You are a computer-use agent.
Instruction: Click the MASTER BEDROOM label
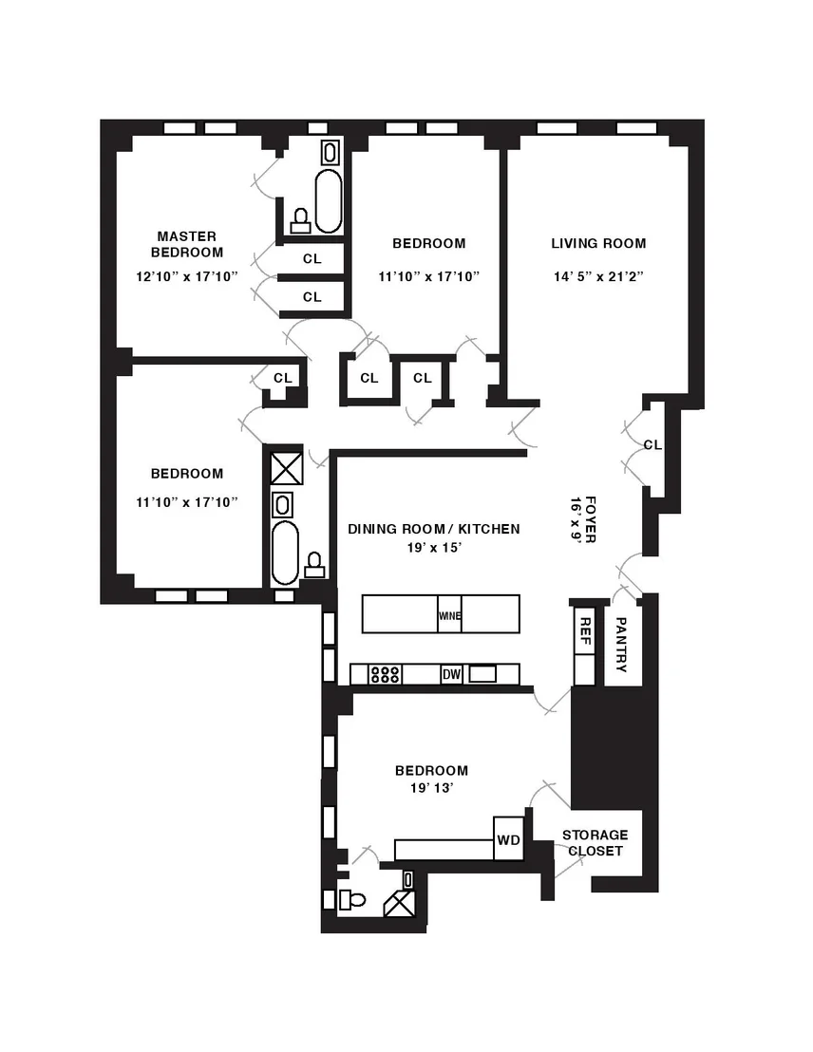click(187, 244)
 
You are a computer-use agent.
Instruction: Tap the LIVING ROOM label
click(598, 244)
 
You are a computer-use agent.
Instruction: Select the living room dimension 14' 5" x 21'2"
click(598, 276)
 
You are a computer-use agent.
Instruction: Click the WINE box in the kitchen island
click(449, 614)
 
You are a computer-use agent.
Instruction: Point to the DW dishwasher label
click(452, 674)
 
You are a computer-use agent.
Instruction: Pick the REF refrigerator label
click(585, 631)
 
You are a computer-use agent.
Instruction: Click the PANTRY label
click(621, 645)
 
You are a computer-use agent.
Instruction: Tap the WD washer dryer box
click(508, 838)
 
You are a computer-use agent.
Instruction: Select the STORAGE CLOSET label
click(595, 843)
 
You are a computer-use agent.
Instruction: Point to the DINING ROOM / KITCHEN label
click(434, 529)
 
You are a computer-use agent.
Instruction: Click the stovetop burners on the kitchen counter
click(386, 673)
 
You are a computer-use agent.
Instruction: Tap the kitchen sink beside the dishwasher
click(482, 673)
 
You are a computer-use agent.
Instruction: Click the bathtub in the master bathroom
click(329, 200)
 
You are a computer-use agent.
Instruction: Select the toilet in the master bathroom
click(300, 220)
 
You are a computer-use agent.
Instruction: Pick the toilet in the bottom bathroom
click(351, 899)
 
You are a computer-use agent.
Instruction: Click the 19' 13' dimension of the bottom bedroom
click(432, 788)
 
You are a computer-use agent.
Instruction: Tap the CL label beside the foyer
click(652, 444)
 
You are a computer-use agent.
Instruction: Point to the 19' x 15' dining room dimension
click(434, 548)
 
